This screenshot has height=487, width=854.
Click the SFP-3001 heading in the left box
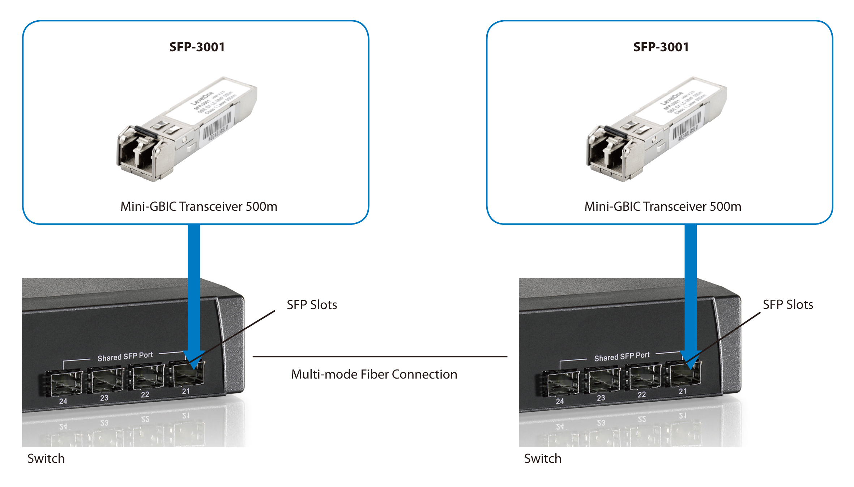pyautogui.click(x=197, y=47)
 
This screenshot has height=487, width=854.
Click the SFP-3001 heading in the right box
pyautogui.click(x=661, y=47)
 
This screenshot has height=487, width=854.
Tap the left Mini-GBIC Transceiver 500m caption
pyautogui.click(x=199, y=206)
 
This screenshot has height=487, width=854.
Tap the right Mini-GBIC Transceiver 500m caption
pyautogui.click(x=663, y=206)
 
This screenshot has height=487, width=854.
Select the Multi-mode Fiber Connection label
pyautogui.click(x=374, y=374)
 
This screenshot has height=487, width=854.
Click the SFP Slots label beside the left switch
pyautogui.click(x=312, y=305)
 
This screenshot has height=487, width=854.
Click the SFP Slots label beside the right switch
pyautogui.click(x=788, y=304)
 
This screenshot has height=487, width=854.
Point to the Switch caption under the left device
pyautogui.click(x=46, y=458)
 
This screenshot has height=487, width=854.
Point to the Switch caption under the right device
pyautogui.click(x=543, y=458)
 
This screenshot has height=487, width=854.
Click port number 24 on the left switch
pyautogui.click(x=63, y=401)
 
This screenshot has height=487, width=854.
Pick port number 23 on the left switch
pyautogui.click(x=104, y=398)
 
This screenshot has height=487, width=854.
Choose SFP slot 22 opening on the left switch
pyautogui.click(x=148, y=378)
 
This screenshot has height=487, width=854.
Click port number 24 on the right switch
pyautogui.click(x=560, y=401)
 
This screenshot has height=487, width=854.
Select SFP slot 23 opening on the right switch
pyautogui.click(x=603, y=381)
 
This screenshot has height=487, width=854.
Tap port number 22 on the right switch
pyautogui.click(x=642, y=394)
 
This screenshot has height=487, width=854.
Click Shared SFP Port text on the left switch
pyautogui.click(x=125, y=356)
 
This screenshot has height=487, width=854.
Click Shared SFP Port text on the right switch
pyautogui.click(x=622, y=356)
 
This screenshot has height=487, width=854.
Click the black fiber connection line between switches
pyautogui.click(x=380, y=356)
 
